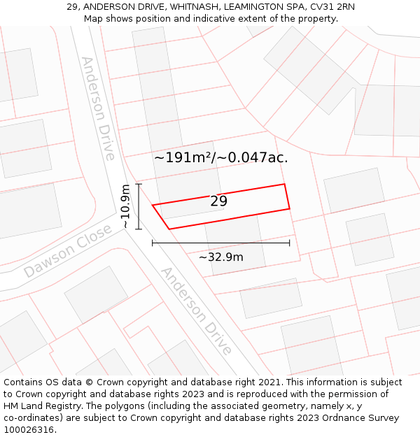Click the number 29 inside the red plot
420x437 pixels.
pos(218,201)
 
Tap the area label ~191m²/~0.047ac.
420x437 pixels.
pos(220,158)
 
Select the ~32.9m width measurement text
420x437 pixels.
pos(220,257)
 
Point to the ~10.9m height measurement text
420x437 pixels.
pos(125,206)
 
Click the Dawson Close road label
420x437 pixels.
pos(67,251)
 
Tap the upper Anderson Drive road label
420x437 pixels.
pos(98,108)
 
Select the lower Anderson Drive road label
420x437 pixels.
pos(197,310)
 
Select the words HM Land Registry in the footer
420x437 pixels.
pos(36,406)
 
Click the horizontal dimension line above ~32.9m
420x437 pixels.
pos(220,243)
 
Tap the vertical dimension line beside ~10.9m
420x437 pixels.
pos(139,206)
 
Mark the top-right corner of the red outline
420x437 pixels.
pos(284,185)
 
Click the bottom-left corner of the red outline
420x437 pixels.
pos(169,229)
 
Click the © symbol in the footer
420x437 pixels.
pos(89,382)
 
